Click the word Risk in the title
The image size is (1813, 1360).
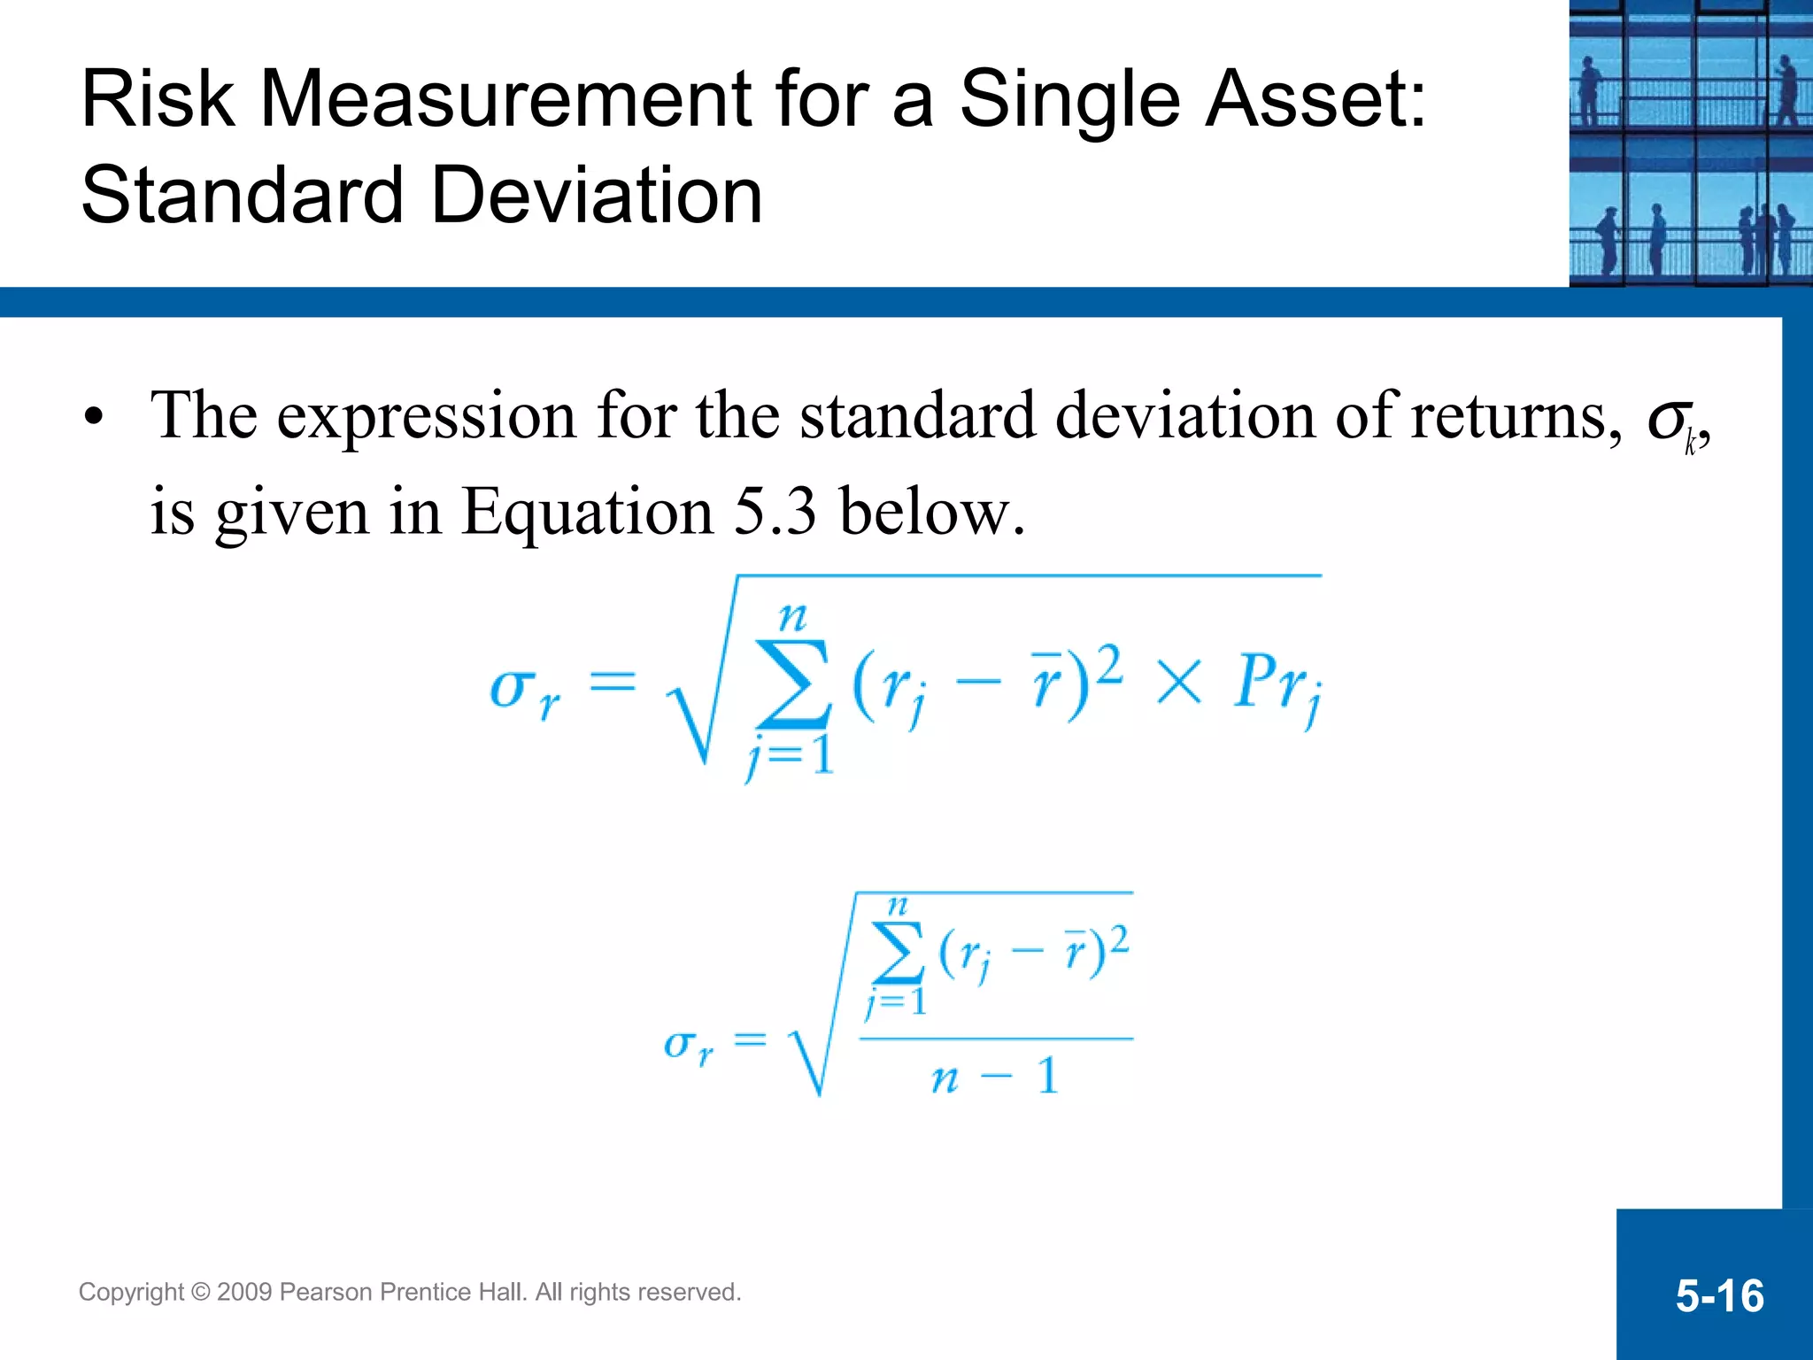pyautogui.click(x=158, y=99)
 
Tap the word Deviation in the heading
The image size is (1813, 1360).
pyautogui.click(x=597, y=197)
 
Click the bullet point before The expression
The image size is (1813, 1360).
pyautogui.click(x=94, y=416)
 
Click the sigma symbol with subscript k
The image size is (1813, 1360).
pyautogui.click(x=1671, y=421)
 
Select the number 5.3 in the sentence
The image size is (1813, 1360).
pyautogui.click(x=775, y=512)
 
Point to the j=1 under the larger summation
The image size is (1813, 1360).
pyautogui.click(x=791, y=757)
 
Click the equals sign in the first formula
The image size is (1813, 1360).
pyautogui.click(x=613, y=683)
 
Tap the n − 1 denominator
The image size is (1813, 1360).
pyautogui.click(x=994, y=1077)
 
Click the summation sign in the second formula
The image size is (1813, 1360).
pyautogui.click(x=897, y=952)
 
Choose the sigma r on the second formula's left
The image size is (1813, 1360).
pyautogui.click(x=688, y=1046)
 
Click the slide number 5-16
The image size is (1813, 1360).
pyautogui.click(x=1719, y=1296)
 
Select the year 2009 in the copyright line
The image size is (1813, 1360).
pyautogui.click(x=243, y=1293)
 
